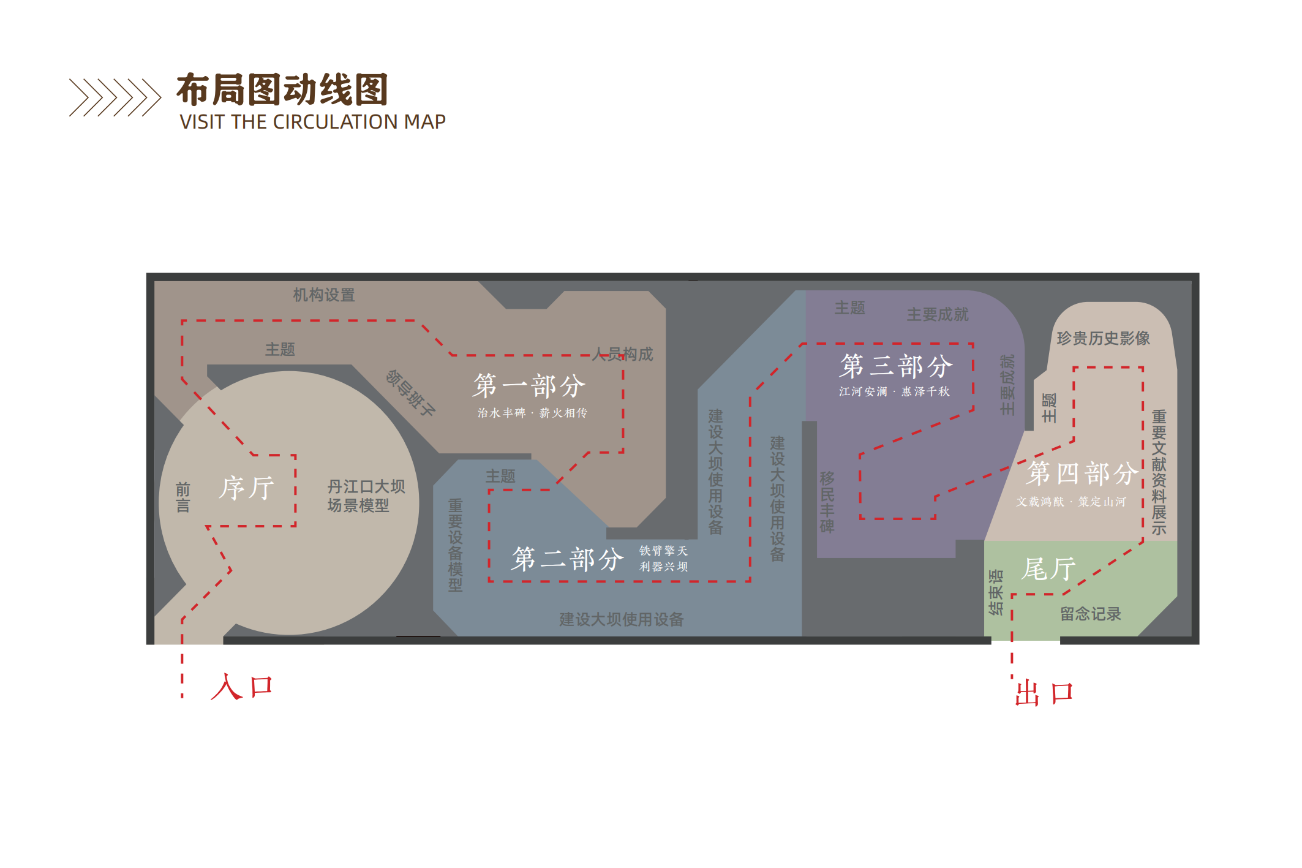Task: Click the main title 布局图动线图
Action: click(282, 89)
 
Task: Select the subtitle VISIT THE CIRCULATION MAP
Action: click(312, 122)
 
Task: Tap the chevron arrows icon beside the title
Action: click(115, 97)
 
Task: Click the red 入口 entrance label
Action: click(241, 687)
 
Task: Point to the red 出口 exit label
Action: click(1044, 693)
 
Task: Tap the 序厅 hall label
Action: click(246, 488)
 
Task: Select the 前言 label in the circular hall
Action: click(183, 497)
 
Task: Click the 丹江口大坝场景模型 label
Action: click(366, 496)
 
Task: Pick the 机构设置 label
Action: click(324, 295)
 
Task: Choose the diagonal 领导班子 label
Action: click(410, 393)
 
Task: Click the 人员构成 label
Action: click(623, 354)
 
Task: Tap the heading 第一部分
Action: click(529, 386)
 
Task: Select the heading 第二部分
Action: click(568, 559)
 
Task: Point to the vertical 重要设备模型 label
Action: click(455, 545)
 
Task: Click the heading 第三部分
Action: click(895, 366)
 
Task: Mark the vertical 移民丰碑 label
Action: click(827, 502)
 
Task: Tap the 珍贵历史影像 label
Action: click(1103, 338)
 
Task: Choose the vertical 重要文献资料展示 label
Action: click(1159, 472)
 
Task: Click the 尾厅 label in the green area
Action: click(1048, 569)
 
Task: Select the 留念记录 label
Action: click(1090, 614)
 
